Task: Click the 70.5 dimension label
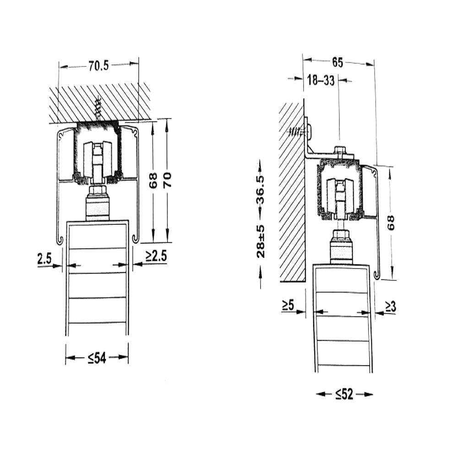(98, 66)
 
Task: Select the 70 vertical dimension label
(167, 180)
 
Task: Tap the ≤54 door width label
(97, 358)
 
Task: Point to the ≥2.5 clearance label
(156, 256)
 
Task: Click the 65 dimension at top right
(338, 62)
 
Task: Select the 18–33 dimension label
(321, 80)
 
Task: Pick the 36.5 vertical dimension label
(260, 190)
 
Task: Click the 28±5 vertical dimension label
(261, 241)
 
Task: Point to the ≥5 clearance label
(288, 305)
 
